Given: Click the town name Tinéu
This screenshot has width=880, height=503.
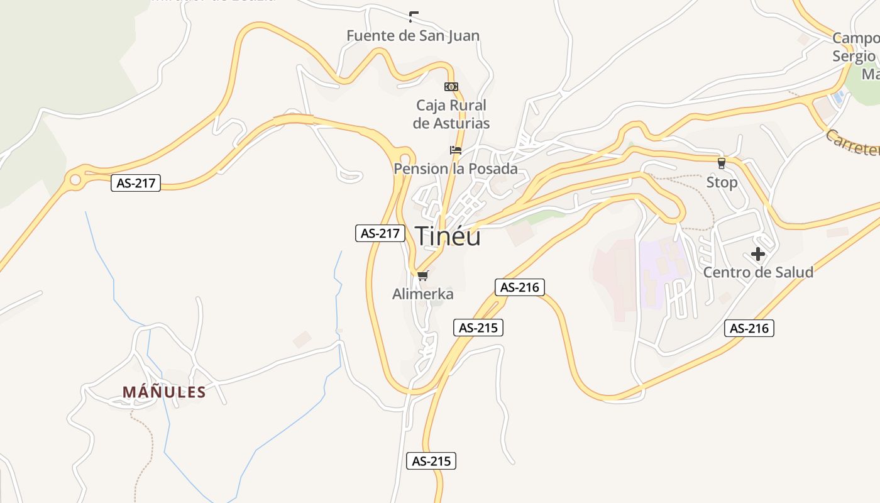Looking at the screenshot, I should click(448, 236).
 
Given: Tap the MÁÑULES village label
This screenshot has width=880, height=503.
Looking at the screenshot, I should click(164, 392).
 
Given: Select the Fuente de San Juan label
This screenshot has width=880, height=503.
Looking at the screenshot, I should click(413, 36).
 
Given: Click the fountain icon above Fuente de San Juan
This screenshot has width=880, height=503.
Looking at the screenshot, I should click(414, 17).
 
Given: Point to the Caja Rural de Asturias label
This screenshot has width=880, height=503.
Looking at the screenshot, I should click(451, 114).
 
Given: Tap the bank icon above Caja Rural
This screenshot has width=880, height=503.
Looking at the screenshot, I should click(451, 87).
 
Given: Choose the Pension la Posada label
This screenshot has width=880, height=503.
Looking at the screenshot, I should click(456, 169).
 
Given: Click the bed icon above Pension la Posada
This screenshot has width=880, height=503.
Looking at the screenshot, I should click(456, 150).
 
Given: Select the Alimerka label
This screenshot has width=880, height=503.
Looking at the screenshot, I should click(422, 294).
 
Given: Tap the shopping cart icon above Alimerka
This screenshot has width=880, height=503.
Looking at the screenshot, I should click(422, 275).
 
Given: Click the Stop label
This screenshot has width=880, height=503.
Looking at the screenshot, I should click(722, 182).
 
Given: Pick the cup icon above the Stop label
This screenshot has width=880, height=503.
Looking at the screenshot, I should click(721, 163).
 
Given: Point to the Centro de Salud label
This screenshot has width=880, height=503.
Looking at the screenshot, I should click(758, 272).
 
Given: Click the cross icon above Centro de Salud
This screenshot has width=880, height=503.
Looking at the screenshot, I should click(758, 254).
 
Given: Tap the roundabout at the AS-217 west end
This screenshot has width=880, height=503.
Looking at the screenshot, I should click(75, 180).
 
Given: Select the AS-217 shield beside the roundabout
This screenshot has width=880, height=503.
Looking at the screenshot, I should click(136, 184).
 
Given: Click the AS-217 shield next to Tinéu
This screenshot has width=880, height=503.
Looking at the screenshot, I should click(380, 233).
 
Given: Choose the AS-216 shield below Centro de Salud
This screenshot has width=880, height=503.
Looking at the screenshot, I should click(749, 328).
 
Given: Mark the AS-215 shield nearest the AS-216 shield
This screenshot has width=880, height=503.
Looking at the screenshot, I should click(478, 328).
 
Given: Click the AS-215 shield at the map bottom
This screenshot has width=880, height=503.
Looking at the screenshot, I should click(431, 461).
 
